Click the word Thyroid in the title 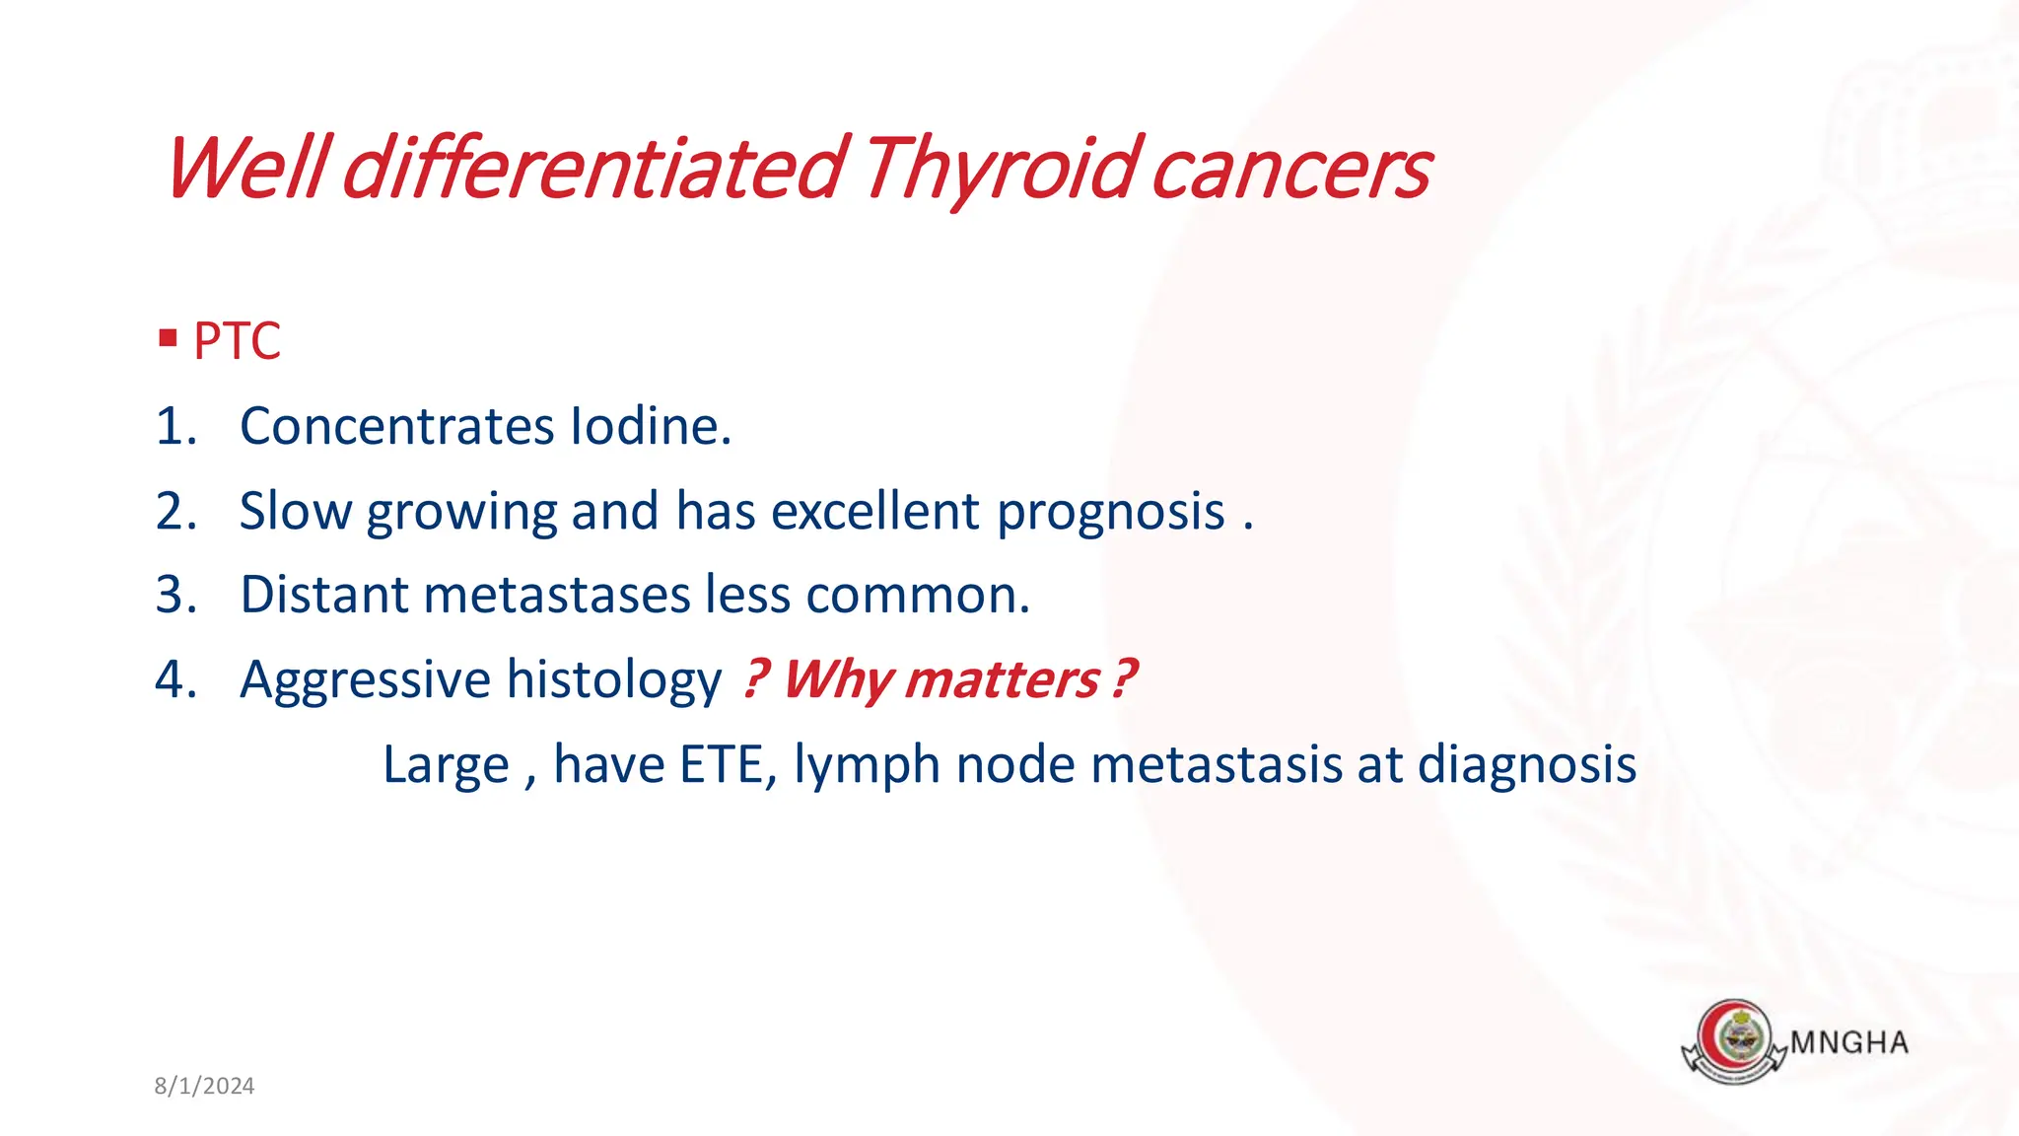pyautogui.click(x=1000, y=170)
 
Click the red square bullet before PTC pyautogui.click(x=168, y=339)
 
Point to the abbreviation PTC pyautogui.click(x=237, y=341)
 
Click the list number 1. pyautogui.click(x=175, y=426)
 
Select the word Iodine pyautogui.click(x=651, y=426)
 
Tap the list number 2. pyautogui.click(x=175, y=511)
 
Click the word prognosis pyautogui.click(x=1110, y=513)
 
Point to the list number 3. pyautogui.click(x=175, y=595)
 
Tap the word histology pyautogui.click(x=613, y=680)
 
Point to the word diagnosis pyautogui.click(x=1526, y=764)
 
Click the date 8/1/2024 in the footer pyautogui.click(x=204, y=1086)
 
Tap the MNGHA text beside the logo pyautogui.click(x=1848, y=1042)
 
